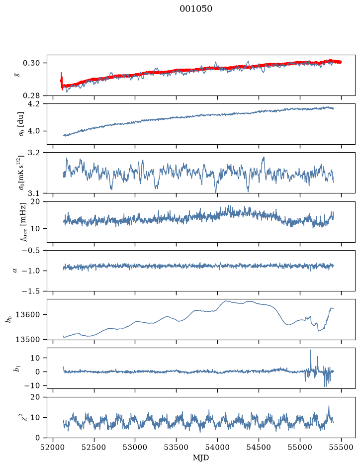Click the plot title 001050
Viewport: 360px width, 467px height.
point(195,8)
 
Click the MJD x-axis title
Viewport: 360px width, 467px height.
point(201,458)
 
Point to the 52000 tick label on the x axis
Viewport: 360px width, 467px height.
point(53,447)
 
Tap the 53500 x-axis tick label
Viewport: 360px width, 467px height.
point(177,447)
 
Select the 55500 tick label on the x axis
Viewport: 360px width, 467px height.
point(341,447)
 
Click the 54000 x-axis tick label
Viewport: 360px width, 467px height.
point(217,447)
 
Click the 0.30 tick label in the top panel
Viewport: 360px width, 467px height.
point(31,63)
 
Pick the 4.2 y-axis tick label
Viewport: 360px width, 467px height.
point(34,104)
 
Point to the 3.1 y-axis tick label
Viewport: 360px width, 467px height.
point(34,193)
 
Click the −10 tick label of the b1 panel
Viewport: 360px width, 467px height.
point(31,386)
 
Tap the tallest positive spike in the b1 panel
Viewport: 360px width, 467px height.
point(311,350)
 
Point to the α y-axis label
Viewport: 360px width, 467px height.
point(15,271)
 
